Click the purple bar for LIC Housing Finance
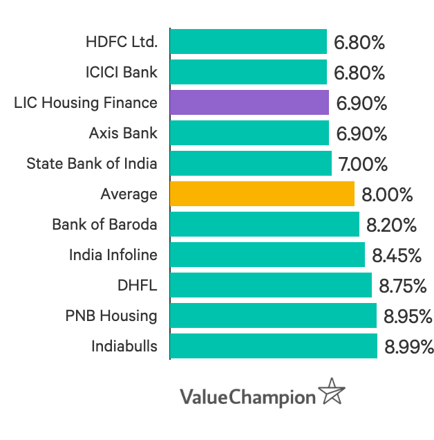pos(249,102)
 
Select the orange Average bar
pos(262,194)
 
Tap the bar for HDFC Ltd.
pos(248,42)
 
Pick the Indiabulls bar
pos(273,346)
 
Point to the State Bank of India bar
pos(250,163)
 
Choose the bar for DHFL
pos(270,285)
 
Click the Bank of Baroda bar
pos(264,224)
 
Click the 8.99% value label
pos(409,347)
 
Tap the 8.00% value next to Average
pos(387,194)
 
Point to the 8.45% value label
pos(397,255)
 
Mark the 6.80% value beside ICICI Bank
pos(359,73)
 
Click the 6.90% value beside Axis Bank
pos(361,134)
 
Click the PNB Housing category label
pos(111,316)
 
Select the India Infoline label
pos(113,255)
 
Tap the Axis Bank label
pos(123,133)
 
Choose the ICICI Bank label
pos(122,72)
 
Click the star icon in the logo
pos(332,392)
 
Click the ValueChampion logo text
pos(247,397)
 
